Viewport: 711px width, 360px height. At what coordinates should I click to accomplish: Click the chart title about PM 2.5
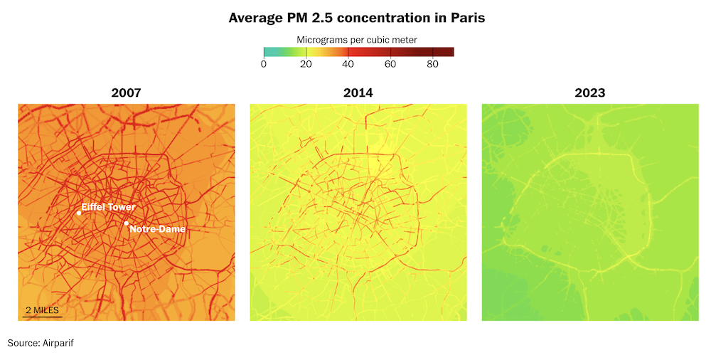(356, 17)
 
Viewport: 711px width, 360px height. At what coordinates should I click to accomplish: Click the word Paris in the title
(466, 17)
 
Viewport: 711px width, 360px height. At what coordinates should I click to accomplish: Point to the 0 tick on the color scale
(264, 65)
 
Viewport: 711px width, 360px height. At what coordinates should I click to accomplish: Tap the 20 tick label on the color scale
(306, 65)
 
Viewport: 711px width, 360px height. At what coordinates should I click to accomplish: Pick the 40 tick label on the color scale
(348, 65)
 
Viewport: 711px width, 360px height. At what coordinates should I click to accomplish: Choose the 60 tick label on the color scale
(390, 65)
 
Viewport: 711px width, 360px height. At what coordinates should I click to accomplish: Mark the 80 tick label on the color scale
(432, 65)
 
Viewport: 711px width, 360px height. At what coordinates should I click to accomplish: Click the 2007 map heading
(126, 92)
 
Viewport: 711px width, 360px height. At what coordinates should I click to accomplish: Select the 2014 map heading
(358, 92)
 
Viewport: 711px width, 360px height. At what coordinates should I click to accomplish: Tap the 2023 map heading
(590, 92)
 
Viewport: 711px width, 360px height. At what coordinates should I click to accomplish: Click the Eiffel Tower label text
(108, 207)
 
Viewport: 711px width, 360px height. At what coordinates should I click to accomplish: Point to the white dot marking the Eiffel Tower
(79, 213)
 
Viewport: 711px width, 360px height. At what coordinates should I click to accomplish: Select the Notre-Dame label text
(157, 229)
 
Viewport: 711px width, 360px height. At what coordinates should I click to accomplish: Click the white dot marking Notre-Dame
(127, 223)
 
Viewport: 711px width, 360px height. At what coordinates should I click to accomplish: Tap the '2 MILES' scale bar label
(43, 311)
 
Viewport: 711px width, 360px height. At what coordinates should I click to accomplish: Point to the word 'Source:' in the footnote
(23, 343)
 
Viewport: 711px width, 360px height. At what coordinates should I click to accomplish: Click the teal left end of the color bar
(267, 52)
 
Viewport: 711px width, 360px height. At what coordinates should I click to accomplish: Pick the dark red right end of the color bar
(450, 52)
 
